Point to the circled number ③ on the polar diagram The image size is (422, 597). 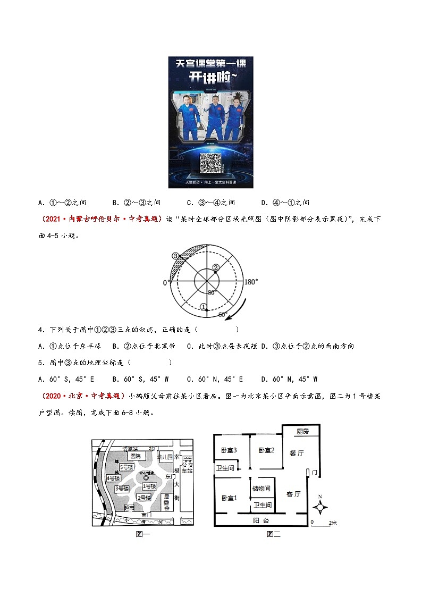coord(175,256)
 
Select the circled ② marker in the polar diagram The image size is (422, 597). coord(215,267)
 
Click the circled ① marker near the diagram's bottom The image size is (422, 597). coord(203,306)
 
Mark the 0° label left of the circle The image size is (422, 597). coord(165,283)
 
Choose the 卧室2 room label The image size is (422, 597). coord(266,450)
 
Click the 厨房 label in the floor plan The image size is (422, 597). coord(302,432)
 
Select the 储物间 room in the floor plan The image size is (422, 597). coord(261,489)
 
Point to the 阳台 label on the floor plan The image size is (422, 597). coord(260,521)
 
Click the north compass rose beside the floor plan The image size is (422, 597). coord(320,507)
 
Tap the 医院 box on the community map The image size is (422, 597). coord(135,456)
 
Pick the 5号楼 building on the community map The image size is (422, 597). coord(127,467)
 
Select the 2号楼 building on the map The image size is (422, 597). coord(144,497)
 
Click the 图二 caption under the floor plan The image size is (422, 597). coord(273,534)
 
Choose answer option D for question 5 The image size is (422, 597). coord(289,379)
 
